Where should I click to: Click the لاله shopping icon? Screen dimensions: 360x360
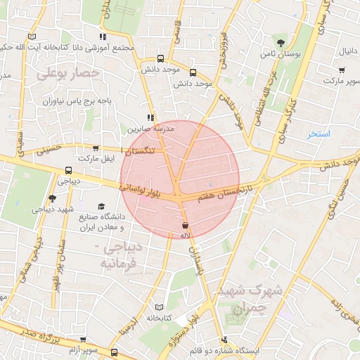point(186,226)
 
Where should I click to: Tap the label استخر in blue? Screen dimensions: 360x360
point(319,133)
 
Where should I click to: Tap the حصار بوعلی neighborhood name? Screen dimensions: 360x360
point(68,73)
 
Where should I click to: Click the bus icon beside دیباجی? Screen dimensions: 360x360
point(68,170)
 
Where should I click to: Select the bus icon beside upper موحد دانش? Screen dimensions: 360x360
point(162,59)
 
